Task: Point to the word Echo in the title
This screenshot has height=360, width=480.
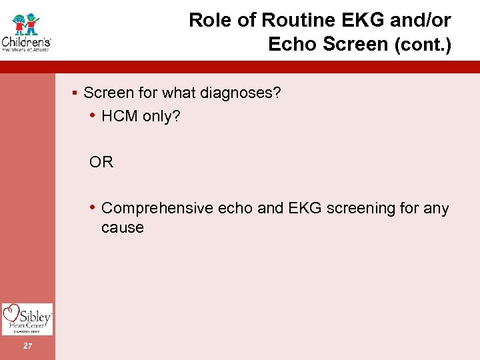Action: tap(291, 44)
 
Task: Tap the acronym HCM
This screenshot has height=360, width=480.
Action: tap(119, 117)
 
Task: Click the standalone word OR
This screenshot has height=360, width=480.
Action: tap(101, 162)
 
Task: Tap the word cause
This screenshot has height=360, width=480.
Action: tap(122, 228)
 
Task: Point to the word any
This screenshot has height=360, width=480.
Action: tap(436, 209)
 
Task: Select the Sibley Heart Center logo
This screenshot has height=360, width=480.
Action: tap(27, 319)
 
